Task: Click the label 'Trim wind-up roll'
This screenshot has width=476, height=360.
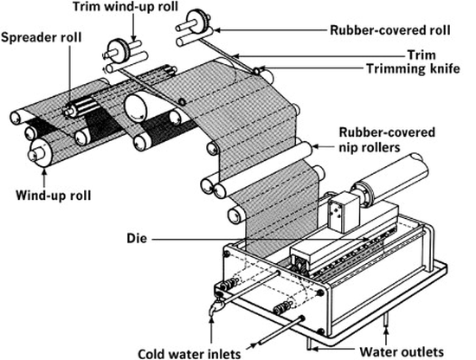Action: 125,6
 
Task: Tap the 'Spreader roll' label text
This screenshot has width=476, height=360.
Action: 42,37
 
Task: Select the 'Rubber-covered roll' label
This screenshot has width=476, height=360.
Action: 390,30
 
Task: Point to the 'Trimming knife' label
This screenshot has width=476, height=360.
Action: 413,69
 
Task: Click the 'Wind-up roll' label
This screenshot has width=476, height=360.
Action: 54,196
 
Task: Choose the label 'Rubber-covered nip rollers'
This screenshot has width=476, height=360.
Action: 387,140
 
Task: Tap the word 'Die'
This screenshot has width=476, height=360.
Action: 137,239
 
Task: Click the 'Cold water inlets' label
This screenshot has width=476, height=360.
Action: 190,354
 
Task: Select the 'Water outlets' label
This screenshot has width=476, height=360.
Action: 402,352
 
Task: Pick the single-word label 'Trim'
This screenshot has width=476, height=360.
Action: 421,55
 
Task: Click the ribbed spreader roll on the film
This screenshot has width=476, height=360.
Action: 81,106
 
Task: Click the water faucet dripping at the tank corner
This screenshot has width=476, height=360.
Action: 215,306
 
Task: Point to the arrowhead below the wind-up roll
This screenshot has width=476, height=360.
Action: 44,173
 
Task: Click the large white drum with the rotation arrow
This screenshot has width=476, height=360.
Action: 140,108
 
